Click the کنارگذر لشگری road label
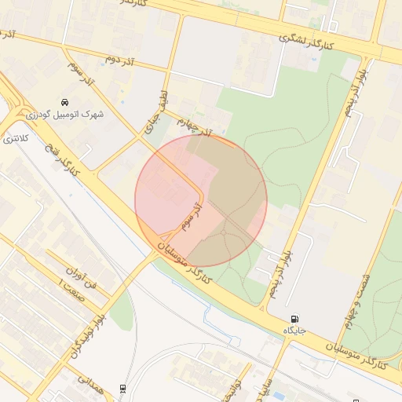point(307,43)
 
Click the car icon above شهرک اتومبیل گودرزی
point(65,103)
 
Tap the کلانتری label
point(15,139)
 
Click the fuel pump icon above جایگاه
point(294,319)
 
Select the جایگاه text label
point(294,331)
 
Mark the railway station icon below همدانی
point(122,389)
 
